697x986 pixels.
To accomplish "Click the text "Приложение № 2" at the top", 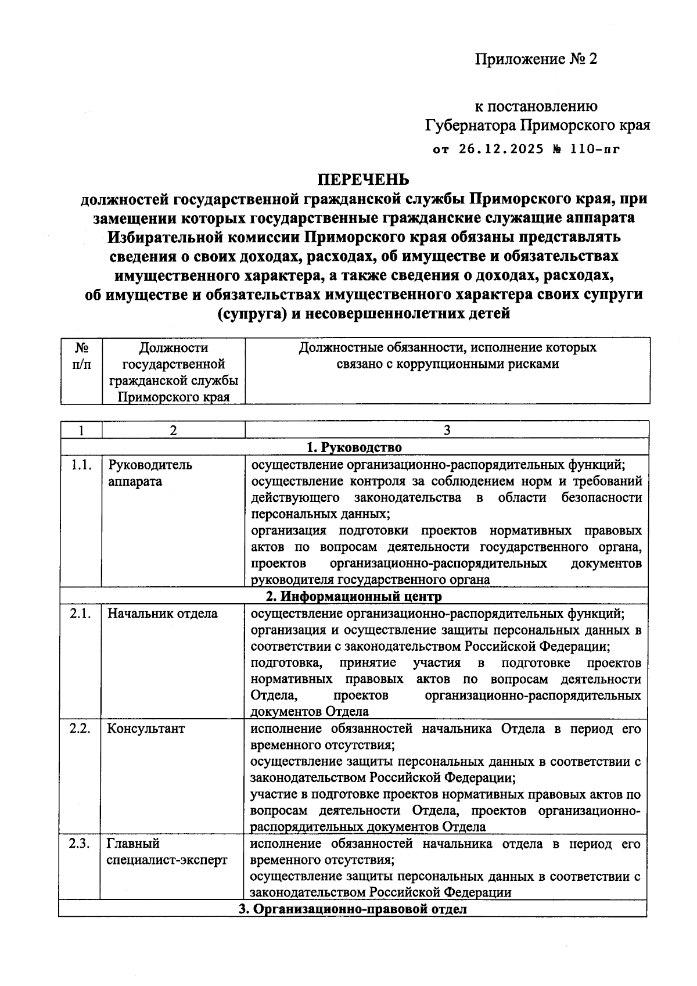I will [x=536, y=59].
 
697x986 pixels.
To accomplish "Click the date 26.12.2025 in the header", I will [x=501, y=149].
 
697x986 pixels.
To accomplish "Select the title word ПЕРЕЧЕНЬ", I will [x=363, y=178].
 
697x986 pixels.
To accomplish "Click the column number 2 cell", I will [x=173, y=430].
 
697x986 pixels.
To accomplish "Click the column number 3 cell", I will [x=446, y=430].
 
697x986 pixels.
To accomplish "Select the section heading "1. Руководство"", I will [x=354, y=447].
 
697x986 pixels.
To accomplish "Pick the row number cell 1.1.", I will [x=81, y=465].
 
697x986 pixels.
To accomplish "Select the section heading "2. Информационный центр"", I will [x=354, y=596].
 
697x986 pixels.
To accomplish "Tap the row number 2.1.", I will [x=81, y=614].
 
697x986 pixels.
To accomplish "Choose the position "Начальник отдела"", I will [x=163, y=614].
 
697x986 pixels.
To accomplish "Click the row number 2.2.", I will [x=81, y=729].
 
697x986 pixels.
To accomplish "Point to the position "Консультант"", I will [x=146, y=729].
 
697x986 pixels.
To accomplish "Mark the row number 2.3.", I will [x=81, y=844].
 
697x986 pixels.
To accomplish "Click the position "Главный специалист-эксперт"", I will [x=167, y=852].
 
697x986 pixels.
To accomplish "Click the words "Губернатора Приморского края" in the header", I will [x=537, y=125].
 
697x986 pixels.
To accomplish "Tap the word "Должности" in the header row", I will [x=173, y=347].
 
